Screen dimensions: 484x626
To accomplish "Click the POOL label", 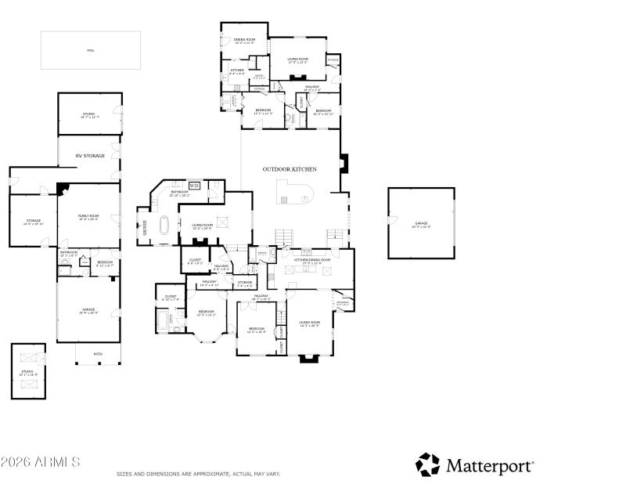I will [91, 50].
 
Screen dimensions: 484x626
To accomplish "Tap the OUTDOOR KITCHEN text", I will [290, 168].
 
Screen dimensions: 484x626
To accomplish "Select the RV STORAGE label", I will [90, 156].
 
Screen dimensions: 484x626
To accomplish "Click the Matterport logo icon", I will [427, 464].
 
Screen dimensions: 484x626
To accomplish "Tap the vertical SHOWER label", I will [145, 227].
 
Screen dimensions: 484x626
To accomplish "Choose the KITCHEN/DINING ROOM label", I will [312, 261].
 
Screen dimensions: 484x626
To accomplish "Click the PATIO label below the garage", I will [98, 354].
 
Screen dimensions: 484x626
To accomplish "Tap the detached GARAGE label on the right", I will [422, 225].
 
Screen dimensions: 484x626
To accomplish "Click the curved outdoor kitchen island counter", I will [295, 192].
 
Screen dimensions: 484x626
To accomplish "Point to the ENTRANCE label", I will [343, 302].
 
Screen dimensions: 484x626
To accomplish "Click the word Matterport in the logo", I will [490, 465].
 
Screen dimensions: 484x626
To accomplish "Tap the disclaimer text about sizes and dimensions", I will [198, 474].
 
